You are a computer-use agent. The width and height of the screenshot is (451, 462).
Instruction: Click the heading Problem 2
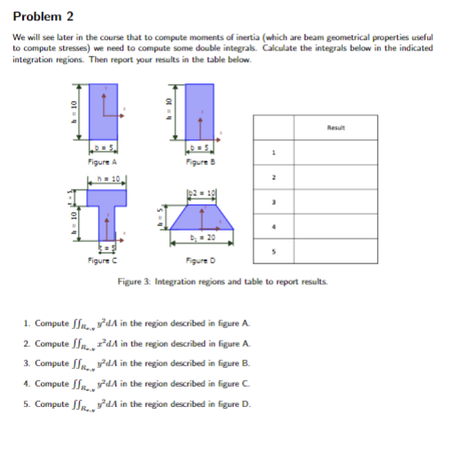pyautogui.click(x=42, y=16)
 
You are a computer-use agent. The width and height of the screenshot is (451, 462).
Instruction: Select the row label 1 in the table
pyautogui.click(x=274, y=153)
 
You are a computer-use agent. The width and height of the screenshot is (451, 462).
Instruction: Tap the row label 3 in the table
pyautogui.click(x=274, y=201)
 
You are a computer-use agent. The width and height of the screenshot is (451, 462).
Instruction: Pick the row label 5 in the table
pyautogui.click(x=274, y=251)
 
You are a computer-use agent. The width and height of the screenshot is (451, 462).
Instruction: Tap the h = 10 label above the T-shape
pyautogui.click(x=103, y=181)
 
